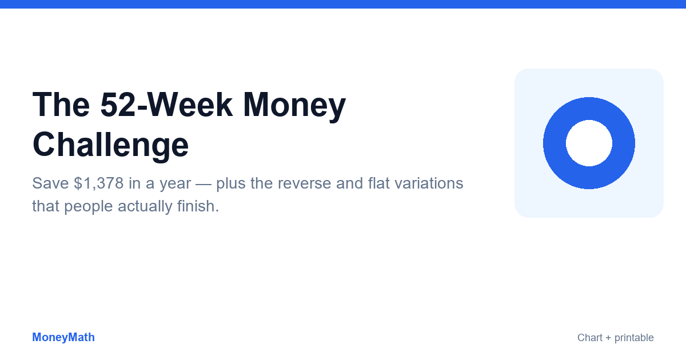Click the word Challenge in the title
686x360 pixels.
(110, 145)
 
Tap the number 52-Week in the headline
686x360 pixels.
(166, 105)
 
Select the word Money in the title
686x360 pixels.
(294, 107)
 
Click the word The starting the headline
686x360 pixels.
(61, 105)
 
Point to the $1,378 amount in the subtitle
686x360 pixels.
(98, 183)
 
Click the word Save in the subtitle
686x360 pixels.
(50, 183)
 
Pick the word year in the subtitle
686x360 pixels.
(175, 184)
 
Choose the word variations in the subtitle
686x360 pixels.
(429, 183)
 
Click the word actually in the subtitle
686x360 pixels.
(145, 207)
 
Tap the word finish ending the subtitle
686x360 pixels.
(198, 206)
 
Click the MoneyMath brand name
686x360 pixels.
(63, 337)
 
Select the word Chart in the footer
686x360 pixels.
(590, 338)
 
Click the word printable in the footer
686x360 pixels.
(634, 338)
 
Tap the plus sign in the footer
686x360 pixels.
(608, 338)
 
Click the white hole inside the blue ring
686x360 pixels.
(589, 143)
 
